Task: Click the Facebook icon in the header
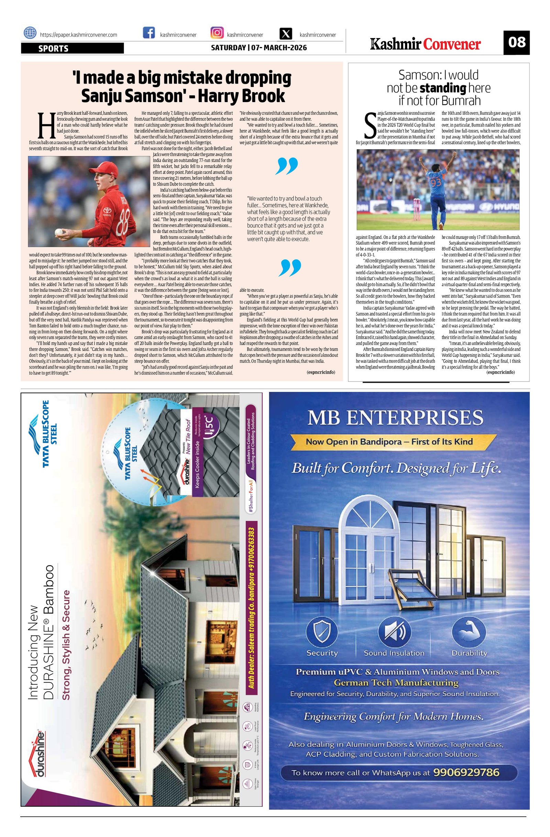tap(149, 33)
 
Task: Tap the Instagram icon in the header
tap(217, 33)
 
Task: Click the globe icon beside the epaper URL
tap(30, 33)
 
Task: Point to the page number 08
tap(516, 42)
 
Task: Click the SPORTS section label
tap(53, 48)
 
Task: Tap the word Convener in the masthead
tap(452, 44)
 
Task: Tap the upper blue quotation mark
tap(287, 166)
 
